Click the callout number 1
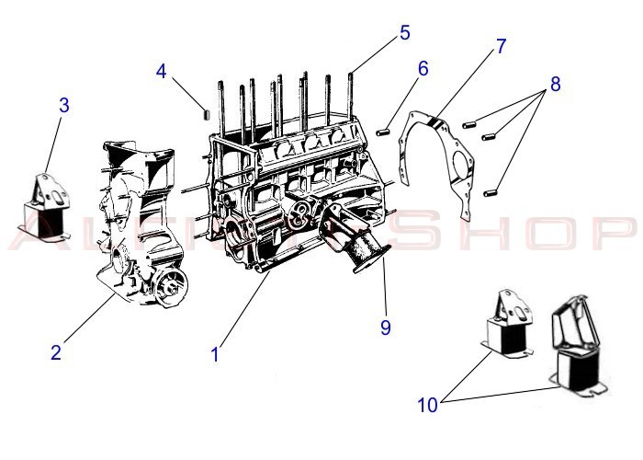click(215, 353)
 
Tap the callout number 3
click(63, 105)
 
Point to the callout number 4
click(162, 70)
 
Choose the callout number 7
click(501, 46)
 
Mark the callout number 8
click(555, 84)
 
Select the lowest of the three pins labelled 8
click(491, 192)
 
